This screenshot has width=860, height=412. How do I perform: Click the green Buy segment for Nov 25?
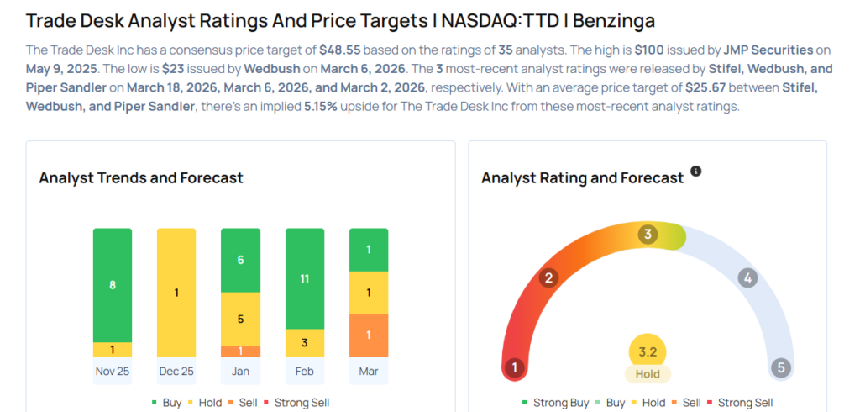coord(113,285)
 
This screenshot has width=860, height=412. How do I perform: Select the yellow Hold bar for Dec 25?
coord(176,293)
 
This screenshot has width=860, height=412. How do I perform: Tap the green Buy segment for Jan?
coord(240,260)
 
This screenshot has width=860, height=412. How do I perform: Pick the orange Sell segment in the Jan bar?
coord(240,351)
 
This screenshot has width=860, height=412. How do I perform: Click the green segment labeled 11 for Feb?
coord(305,278)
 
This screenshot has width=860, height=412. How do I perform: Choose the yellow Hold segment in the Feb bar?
coord(305,342)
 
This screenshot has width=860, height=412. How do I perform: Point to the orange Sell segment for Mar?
coord(369,335)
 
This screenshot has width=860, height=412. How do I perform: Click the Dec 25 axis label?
coord(176,371)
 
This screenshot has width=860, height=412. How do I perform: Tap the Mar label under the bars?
coord(369,371)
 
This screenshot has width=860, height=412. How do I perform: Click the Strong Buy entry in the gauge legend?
coord(555,403)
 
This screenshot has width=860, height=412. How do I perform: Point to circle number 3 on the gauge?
coord(647,235)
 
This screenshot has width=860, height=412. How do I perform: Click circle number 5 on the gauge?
coord(781,367)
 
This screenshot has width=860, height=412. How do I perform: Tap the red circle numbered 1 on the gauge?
coord(514,367)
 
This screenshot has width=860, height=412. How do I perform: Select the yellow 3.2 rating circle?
coord(648,351)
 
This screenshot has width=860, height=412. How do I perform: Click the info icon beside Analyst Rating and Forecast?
coord(695,172)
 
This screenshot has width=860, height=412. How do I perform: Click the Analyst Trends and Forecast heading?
coord(141,177)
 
